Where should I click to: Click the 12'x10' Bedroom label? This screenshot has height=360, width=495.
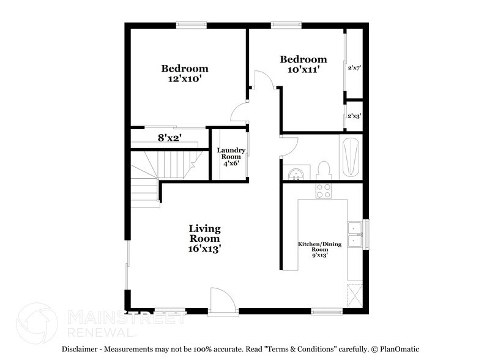pos(185,73)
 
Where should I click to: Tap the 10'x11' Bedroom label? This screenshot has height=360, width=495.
pos(303,64)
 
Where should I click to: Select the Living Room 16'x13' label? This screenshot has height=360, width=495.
pos(204,239)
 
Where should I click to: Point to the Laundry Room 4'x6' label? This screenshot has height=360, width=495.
pos(231,157)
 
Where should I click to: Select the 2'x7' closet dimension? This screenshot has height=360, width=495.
pos(354,68)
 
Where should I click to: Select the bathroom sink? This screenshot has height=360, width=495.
pos(296,174)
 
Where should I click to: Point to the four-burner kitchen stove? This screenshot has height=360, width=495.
pos(323,191)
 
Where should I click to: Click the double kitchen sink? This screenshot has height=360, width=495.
pos(353,234)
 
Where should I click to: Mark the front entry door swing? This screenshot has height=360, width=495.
pos(220,299)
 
